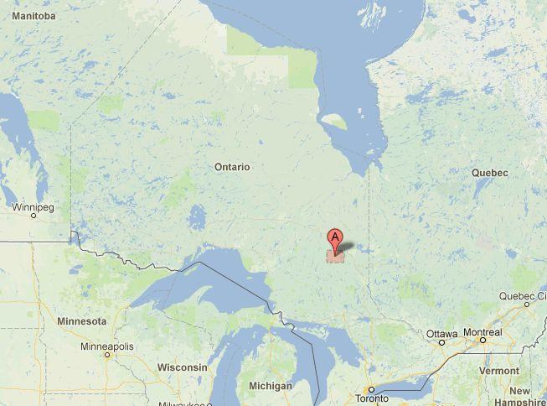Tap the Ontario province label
click(x=232, y=167)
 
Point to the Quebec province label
click(x=490, y=173)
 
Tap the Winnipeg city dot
click(x=34, y=215)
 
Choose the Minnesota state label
click(x=81, y=321)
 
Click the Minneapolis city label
click(x=106, y=346)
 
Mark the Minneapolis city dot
click(x=107, y=356)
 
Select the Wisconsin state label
click(x=182, y=367)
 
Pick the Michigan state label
click(x=271, y=386)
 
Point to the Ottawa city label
click(x=441, y=334)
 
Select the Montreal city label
click(x=482, y=332)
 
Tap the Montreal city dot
click(x=482, y=341)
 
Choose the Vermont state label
click(x=499, y=371)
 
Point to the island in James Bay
click(x=334, y=122)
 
